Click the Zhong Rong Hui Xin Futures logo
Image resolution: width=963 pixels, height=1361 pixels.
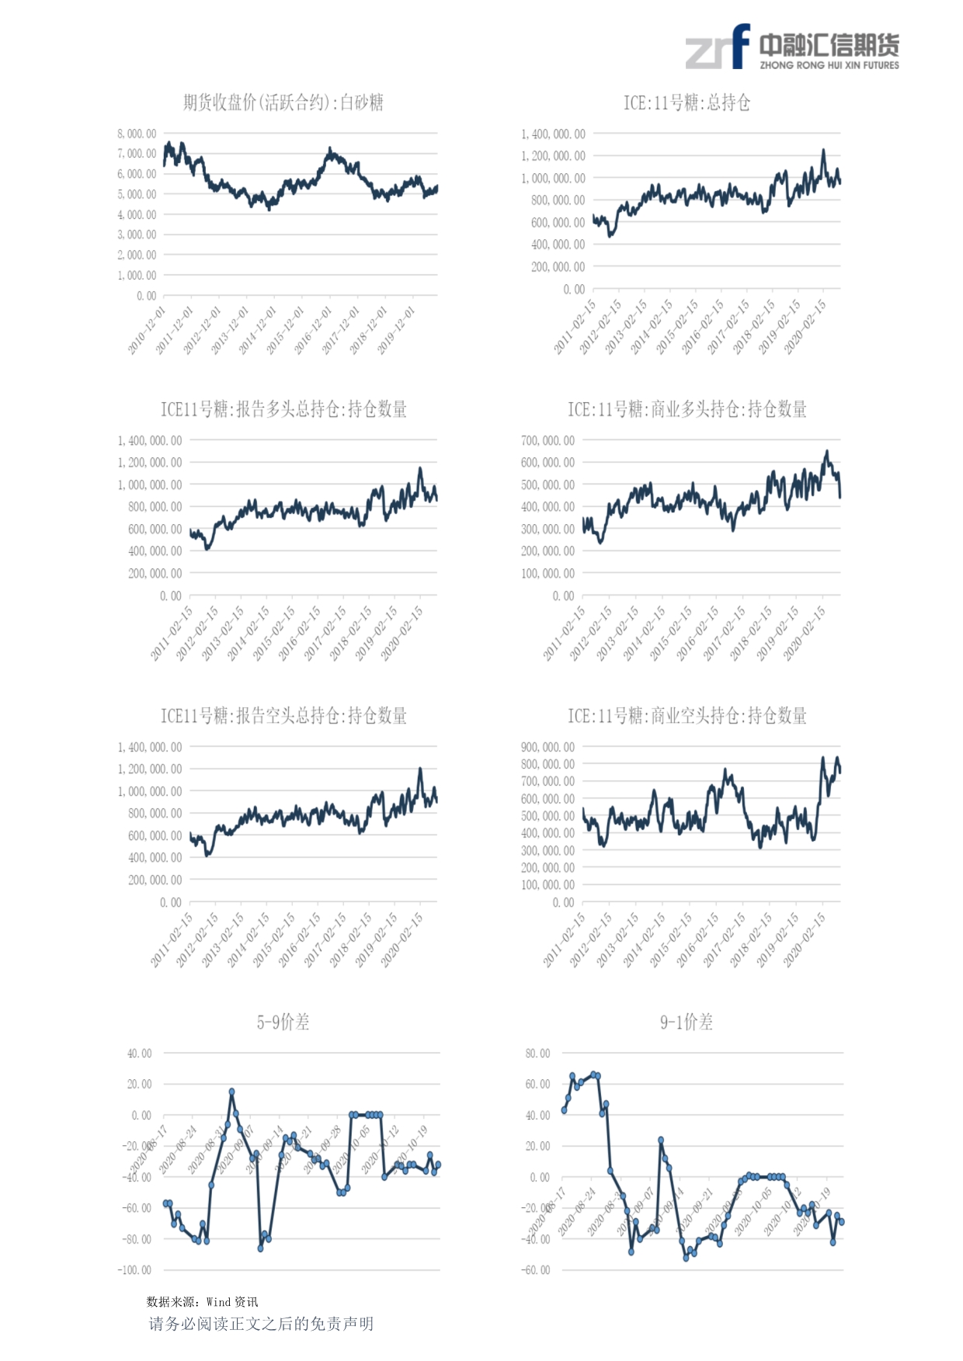click(x=791, y=48)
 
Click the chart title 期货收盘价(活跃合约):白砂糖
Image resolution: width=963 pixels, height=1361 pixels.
click(x=283, y=102)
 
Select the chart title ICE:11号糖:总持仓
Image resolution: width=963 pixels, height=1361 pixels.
click(x=687, y=102)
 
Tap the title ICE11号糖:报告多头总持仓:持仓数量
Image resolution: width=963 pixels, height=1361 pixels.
click(x=283, y=409)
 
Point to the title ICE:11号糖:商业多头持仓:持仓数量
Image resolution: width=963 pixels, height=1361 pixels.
click(x=687, y=409)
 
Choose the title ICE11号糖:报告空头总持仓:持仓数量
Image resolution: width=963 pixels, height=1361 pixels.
click(x=283, y=716)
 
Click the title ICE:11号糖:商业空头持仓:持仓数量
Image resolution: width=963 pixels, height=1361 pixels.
click(x=687, y=716)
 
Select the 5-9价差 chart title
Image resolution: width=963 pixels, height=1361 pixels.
click(x=283, y=1022)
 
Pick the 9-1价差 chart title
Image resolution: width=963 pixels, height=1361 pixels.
click(x=687, y=1022)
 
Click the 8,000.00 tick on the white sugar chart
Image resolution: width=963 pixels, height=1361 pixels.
click(x=137, y=134)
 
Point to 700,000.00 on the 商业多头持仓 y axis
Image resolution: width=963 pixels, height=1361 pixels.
click(x=548, y=440)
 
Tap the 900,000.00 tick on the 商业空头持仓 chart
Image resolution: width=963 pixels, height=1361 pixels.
click(x=548, y=747)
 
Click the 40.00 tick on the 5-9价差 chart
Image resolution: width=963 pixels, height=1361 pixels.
click(x=140, y=1054)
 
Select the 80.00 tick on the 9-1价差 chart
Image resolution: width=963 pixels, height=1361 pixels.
click(x=537, y=1054)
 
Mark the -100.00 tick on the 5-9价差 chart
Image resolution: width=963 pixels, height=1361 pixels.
click(x=134, y=1270)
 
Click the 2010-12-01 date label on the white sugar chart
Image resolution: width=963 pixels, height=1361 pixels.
click(x=147, y=331)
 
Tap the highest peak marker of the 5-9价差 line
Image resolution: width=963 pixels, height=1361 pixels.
click(x=231, y=1092)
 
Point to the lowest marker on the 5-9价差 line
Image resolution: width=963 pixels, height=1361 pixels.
click(x=260, y=1248)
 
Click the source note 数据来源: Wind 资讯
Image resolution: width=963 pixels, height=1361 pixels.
click(x=202, y=1302)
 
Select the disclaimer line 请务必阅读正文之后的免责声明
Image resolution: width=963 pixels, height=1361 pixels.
click(x=261, y=1324)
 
